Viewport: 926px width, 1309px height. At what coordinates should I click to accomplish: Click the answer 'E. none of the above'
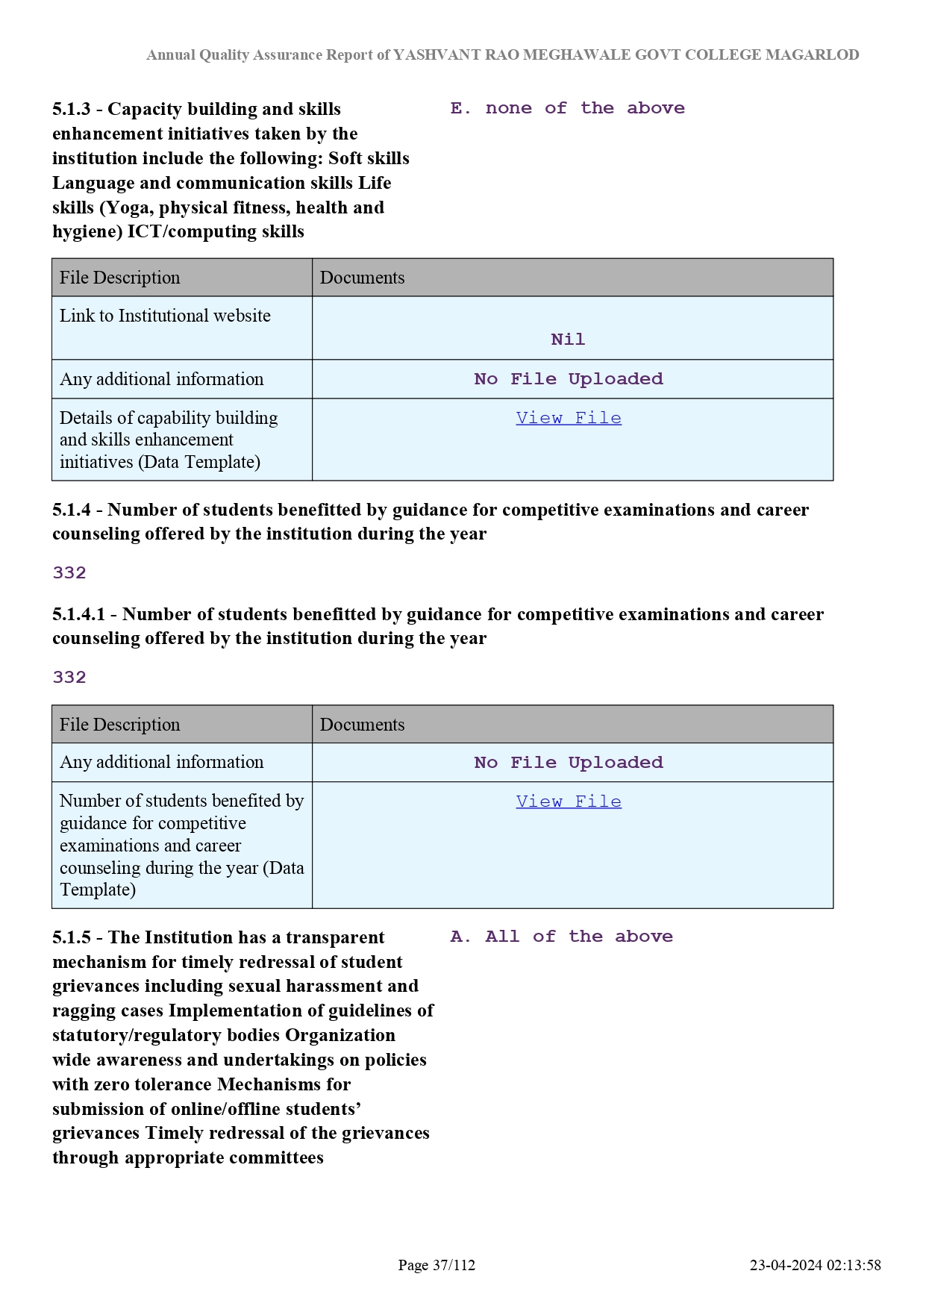[x=567, y=108]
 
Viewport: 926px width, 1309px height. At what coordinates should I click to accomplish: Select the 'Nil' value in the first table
[x=568, y=340]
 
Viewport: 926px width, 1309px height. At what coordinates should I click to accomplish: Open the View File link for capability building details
[x=569, y=418]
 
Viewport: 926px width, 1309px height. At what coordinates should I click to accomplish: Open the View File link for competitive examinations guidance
[x=569, y=802]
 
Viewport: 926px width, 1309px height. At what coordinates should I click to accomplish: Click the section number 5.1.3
[x=71, y=110]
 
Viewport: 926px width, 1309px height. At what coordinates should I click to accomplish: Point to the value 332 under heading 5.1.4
[x=69, y=573]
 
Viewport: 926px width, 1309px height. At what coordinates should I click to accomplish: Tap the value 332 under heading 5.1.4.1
[x=69, y=678]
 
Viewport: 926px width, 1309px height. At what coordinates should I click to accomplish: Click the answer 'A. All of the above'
[x=561, y=937]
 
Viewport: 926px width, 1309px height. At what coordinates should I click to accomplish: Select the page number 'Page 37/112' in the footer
[x=437, y=1265]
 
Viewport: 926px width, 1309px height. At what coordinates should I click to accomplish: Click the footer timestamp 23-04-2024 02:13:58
[x=815, y=1265]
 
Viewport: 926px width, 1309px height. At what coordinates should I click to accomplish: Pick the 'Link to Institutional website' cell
[x=165, y=316]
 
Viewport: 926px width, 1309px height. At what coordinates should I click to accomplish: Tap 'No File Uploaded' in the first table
[x=569, y=379]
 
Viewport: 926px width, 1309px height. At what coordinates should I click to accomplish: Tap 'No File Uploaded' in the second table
[x=569, y=763]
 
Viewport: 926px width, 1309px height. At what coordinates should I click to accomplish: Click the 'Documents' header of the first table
[x=362, y=278]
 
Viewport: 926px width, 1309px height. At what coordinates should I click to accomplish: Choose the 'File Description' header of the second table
[x=119, y=725]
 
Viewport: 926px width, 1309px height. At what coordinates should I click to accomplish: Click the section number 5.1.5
[x=71, y=938]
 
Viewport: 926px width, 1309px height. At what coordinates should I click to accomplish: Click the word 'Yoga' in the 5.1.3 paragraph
[x=128, y=207]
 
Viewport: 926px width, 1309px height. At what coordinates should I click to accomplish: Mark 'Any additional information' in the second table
[x=161, y=762]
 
